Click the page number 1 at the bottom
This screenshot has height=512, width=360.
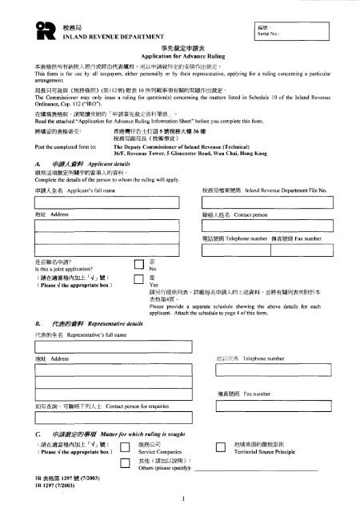coord(182,501)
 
